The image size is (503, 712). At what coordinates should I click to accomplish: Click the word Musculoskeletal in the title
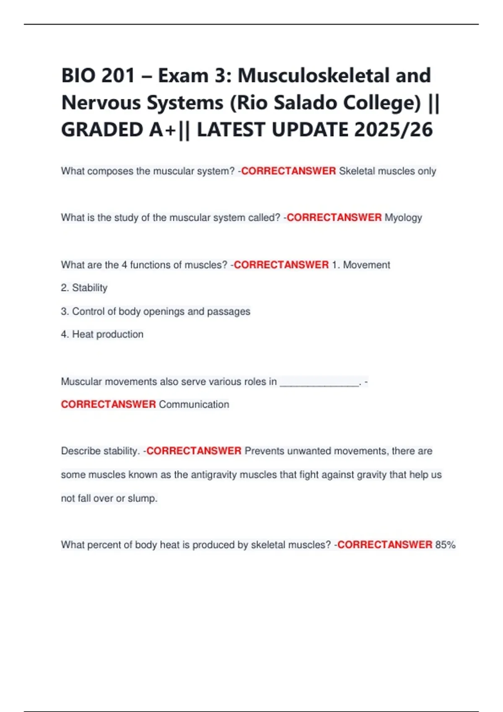click(334, 76)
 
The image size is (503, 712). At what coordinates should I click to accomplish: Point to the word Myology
click(403, 218)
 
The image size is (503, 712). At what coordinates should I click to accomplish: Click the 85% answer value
click(445, 545)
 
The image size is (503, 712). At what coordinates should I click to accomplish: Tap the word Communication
click(194, 405)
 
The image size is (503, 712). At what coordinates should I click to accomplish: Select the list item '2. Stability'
click(84, 288)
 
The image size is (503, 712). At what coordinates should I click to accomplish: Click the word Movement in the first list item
click(366, 265)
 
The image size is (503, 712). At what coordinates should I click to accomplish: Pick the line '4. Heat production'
click(102, 334)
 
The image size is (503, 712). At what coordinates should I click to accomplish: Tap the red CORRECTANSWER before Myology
click(334, 218)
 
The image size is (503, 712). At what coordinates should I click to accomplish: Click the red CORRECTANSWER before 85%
click(385, 545)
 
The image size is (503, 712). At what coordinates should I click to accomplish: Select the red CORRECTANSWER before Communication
click(109, 405)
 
